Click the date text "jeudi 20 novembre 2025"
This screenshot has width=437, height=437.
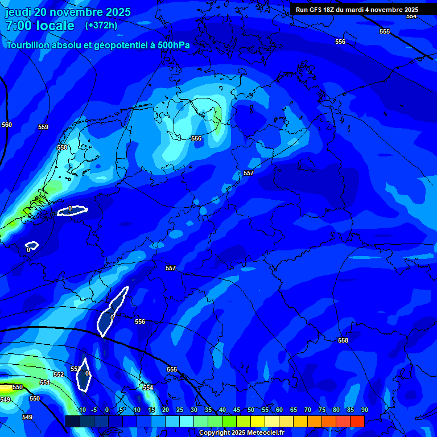pyautogui.click(x=68, y=12)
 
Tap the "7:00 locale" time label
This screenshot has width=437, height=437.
pyautogui.click(x=40, y=26)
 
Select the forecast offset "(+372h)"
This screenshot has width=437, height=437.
pyautogui.click(x=101, y=26)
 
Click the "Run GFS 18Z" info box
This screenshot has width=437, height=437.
pyautogui.click(x=357, y=10)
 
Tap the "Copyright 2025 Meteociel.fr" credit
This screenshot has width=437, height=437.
pyautogui.click(x=241, y=433)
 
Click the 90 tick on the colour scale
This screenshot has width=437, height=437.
pyautogui.click(x=364, y=410)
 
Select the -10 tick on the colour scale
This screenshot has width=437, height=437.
pyautogui.click(x=81, y=410)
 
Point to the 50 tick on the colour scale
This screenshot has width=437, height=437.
pyautogui.click(x=251, y=410)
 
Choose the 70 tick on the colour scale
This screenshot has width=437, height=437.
pyautogui.click(x=308, y=410)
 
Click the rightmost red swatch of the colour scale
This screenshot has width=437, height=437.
pyautogui.click(x=357, y=421)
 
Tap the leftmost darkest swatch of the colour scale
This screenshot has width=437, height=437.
pyautogui.click(x=72, y=421)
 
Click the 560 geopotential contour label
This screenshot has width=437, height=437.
pyautogui.click(x=7, y=125)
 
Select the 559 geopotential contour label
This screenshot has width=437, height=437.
pyautogui.click(x=43, y=127)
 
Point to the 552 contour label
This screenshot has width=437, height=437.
pyautogui.click(x=59, y=375)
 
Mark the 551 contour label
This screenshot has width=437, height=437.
pyautogui.click(x=45, y=383)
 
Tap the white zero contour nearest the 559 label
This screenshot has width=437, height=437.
pyautogui.click(x=72, y=211)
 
